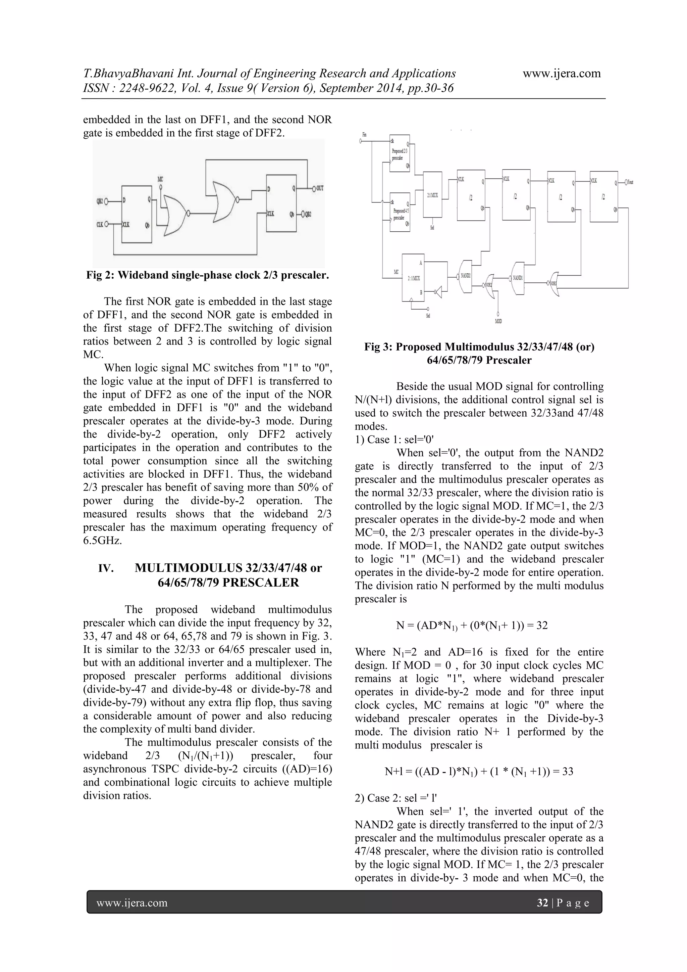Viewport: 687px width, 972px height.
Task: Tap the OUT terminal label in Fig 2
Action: [x=320, y=188]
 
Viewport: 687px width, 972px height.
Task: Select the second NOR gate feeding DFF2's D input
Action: [x=224, y=201]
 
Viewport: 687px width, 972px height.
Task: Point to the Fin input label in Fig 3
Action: [x=365, y=135]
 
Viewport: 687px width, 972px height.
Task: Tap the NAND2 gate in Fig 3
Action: [x=465, y=276]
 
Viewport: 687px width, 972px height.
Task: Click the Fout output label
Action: [x=630, y=182]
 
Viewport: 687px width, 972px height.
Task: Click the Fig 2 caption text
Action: [x=207, y=275]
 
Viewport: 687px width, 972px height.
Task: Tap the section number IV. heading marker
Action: [x=106, y=568]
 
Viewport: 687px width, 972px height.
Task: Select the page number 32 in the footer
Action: [x=542, y=903]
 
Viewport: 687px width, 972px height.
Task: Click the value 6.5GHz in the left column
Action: [x=102, y=541]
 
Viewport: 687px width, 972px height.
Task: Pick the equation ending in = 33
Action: [x=478, y=771]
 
